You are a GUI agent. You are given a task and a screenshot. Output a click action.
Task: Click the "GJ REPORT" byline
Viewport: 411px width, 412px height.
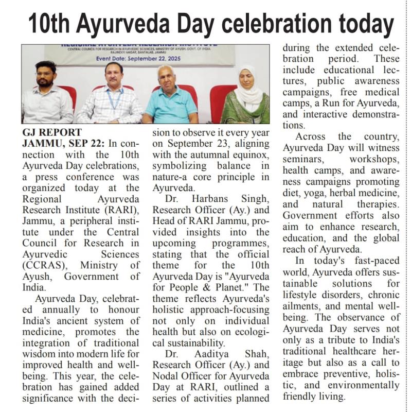point(47,132)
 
